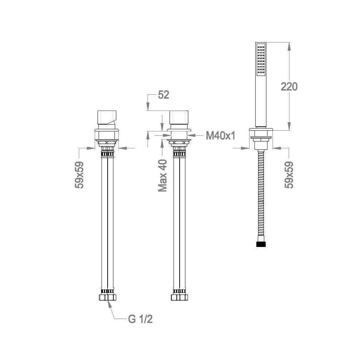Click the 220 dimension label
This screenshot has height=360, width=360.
pyautogui.click(x=289, y=86)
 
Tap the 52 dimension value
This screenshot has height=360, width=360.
pyautogui.click(x=163, y=95)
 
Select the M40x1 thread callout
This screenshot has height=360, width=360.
pyautogui.click(x=220, y=136)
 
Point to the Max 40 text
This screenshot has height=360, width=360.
pyautogui.click(x=163, y=176)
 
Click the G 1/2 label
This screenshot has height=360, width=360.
pyautogui.click(x=140, y=319)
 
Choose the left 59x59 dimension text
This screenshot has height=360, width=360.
pyautogui.click(x=80, y=175)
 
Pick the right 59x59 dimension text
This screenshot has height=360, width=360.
pyautogui.click(x=289, y=175)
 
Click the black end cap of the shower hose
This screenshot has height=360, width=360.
pyautogui.click(x=261, y=244)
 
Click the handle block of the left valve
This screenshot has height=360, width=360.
pyautogui.click(x=107, y=118)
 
